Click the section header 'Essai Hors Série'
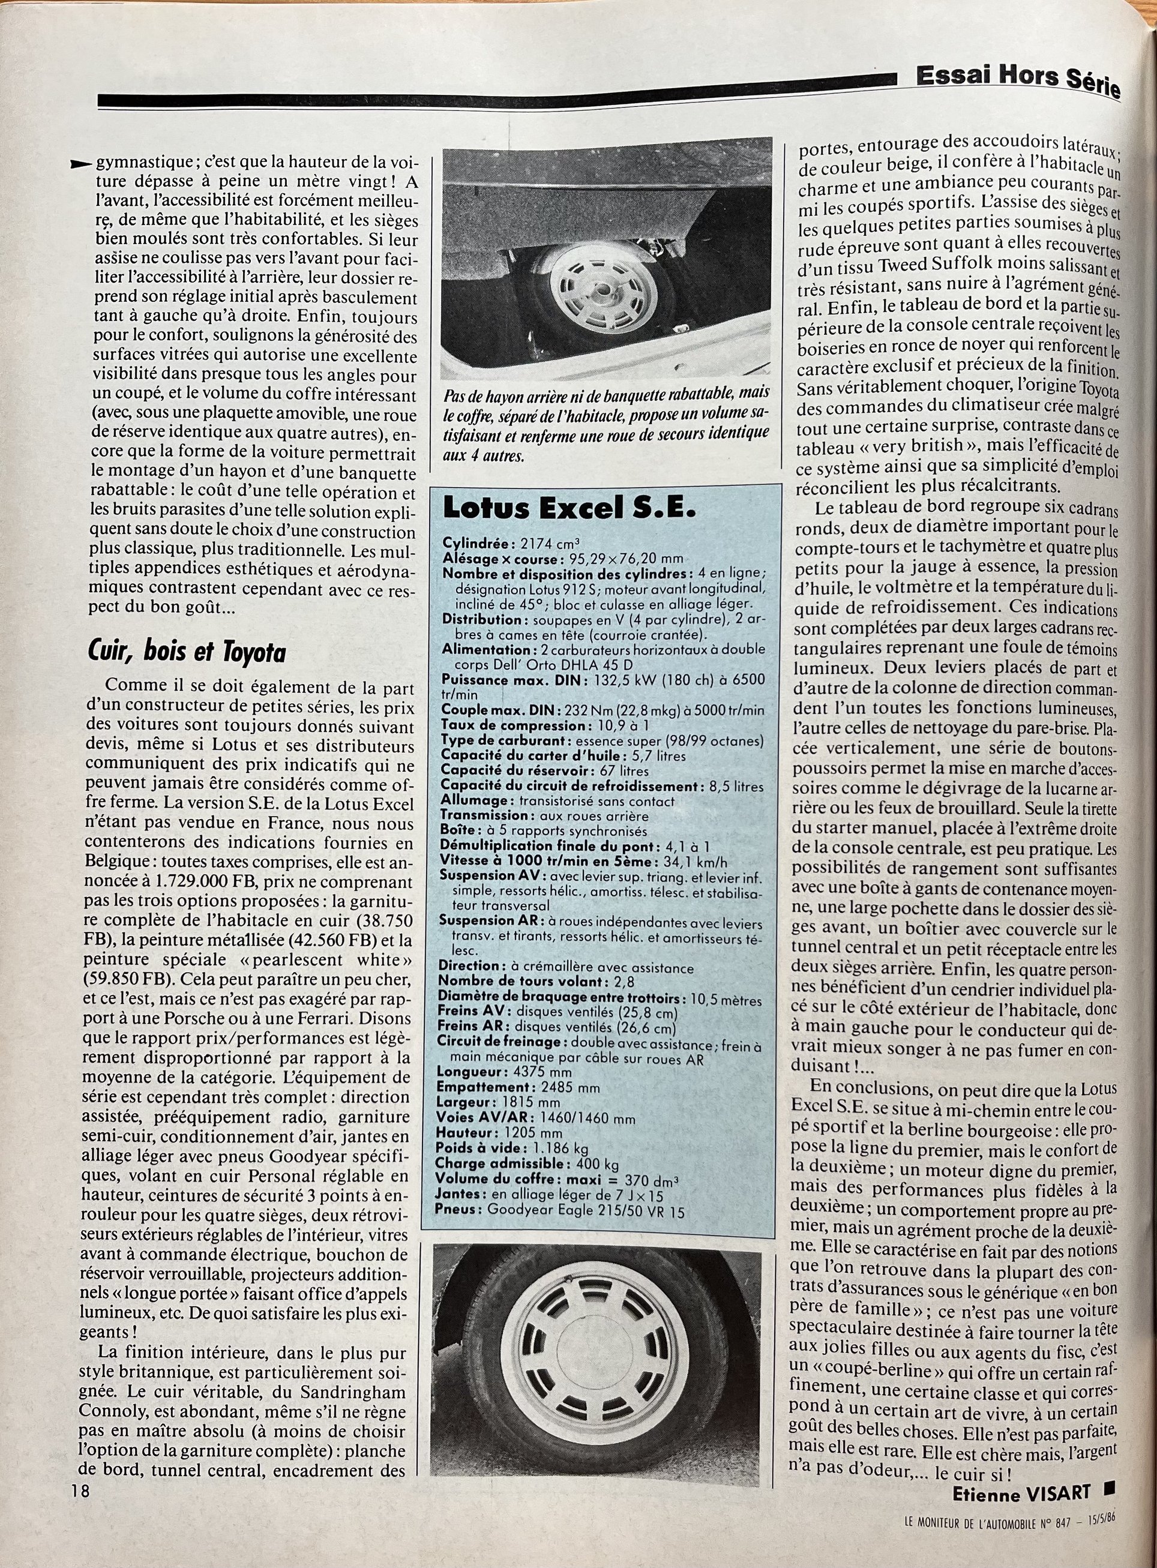tap(1018, 82)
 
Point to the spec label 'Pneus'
tap(457, 1208)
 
